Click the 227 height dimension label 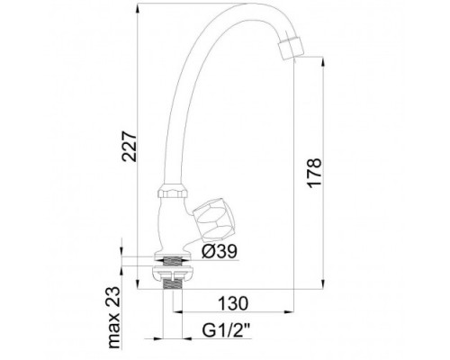coord(129,146)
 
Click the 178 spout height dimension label coord(314,173)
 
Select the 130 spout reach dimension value coord(233,303)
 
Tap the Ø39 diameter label coord(219,250)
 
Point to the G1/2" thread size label coord(227,330)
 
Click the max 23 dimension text coord(113,318)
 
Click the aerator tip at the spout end coord(290,49)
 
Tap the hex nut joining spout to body coord(173,190)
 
